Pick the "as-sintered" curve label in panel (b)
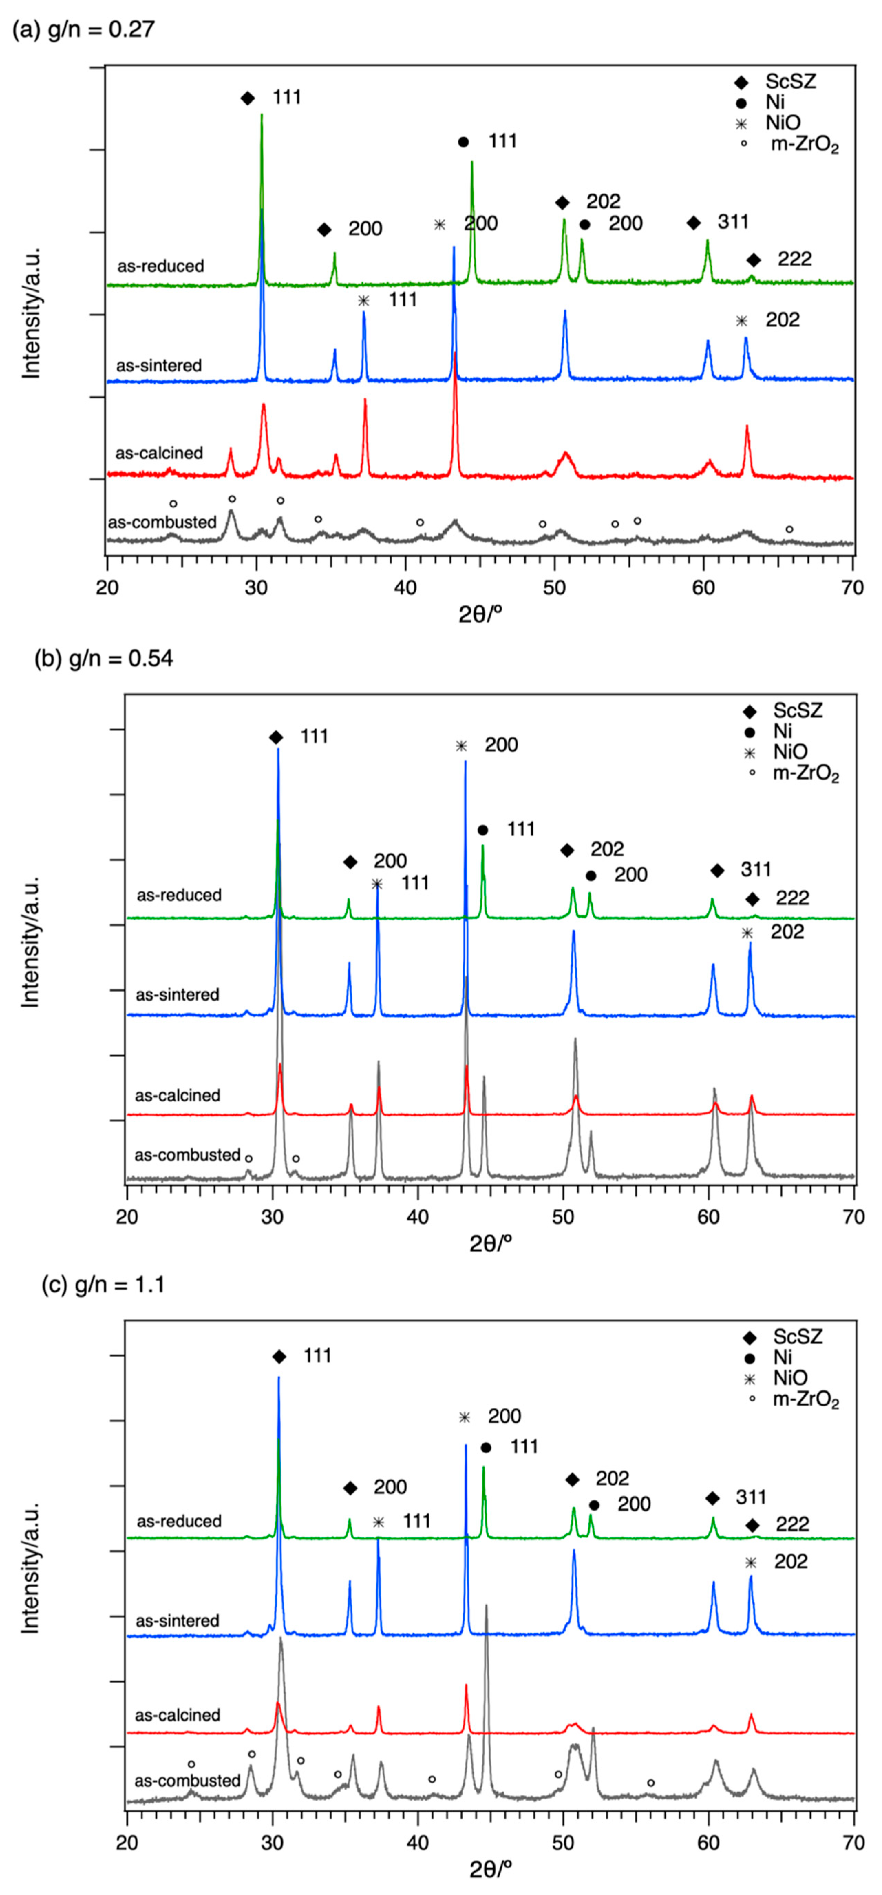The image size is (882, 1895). (x=177, y=995)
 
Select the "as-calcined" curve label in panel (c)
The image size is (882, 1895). (x=177, y=1715)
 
